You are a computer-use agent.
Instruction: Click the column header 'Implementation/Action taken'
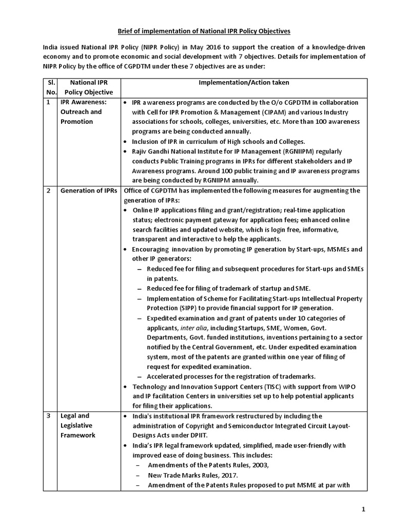[x=244, y=82]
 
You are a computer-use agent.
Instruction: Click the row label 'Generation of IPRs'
[x=88, y=191]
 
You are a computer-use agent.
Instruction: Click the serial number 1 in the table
[x=48, y=102]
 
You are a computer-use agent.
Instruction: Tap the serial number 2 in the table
[x=48, y=191]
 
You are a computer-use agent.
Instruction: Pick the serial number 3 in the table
[x=48, y=416]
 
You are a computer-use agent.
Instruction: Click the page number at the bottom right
[x=363, y=509]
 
